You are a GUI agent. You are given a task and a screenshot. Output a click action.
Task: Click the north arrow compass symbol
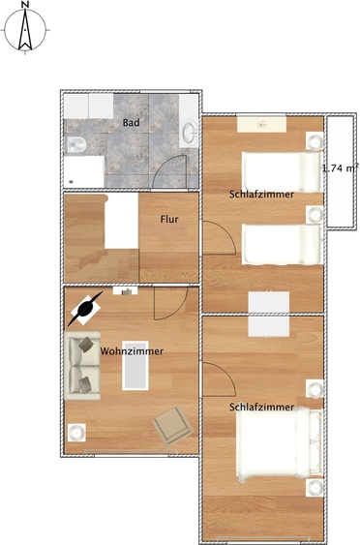[x=25, y=30]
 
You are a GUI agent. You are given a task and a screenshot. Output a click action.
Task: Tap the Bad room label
[x=132, y=123]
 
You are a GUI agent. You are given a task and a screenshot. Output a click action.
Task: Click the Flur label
[x=169, y=220]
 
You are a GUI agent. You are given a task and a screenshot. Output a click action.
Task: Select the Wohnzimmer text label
[x=132, y=351]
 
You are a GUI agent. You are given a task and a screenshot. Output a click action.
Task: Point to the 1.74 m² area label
[x=341, y=168]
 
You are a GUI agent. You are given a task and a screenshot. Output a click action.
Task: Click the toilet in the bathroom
[x=76, y=144]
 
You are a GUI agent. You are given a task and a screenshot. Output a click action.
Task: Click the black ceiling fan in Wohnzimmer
[x=85, y=309]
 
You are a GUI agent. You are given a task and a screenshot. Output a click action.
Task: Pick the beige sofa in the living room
[x=82, y=366]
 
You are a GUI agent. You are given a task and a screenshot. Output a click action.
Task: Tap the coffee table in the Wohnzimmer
[x=135, y=365]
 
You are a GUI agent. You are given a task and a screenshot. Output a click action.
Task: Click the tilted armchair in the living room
[x=172, y=425]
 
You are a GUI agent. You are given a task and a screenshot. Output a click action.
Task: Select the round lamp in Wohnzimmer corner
[x=76, y=433]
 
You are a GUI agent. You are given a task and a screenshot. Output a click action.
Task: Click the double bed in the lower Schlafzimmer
[x=280, y=444]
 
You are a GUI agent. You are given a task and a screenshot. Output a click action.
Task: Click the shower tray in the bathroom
[x=84, y=171]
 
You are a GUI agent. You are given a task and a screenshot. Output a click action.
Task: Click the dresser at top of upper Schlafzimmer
[x=262, y=124]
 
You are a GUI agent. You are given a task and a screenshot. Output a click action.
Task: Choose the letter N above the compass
[x=25, y=4]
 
